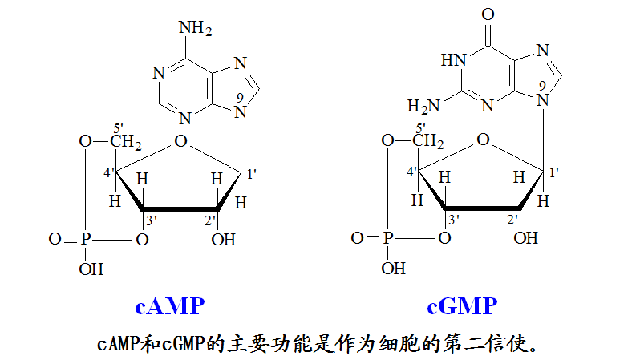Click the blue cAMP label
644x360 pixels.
(x=170, y=306)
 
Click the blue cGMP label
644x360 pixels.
(x=462, y=306)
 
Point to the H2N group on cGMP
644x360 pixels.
(x=424, y=105)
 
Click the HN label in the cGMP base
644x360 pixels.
(x=453, y=60)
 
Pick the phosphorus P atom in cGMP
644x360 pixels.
(x=390, y=238)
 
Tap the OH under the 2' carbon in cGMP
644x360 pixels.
(x=526, y=237)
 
